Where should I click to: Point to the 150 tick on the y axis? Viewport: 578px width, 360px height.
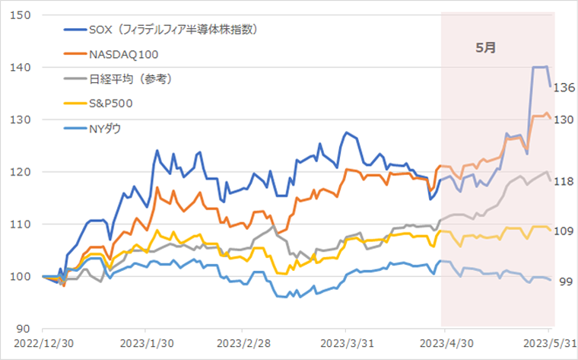20,15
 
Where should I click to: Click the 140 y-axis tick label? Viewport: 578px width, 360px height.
20,68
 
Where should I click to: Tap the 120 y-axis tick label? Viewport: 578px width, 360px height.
20,172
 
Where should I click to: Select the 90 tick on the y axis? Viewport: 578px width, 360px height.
23,329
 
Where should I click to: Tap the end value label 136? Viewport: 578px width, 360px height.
563,88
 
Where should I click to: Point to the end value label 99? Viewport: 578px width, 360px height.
563,282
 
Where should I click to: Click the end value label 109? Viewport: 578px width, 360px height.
563,231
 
